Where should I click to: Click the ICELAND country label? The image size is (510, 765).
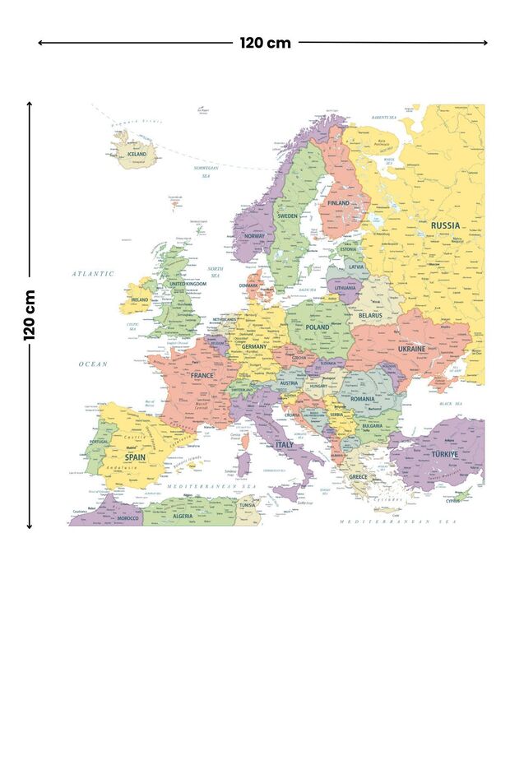tap(137, 154)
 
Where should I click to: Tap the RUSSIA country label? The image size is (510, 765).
tap(445, 225)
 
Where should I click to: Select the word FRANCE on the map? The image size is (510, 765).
tap(202, 375)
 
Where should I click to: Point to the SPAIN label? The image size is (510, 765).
tap(135, 457)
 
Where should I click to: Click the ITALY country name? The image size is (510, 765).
tap(284, 444)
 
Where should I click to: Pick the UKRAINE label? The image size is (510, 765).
tap(412, 349)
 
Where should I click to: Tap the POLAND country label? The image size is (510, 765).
tap(318, 327)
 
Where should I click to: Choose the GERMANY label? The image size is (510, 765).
tap(254, 346)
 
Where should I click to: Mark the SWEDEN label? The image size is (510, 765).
tap(287, 216)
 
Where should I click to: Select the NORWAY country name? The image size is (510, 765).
tap(255, 236)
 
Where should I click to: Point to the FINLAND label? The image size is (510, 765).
tap(338, 202)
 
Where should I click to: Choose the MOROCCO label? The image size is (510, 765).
tap(127, 518)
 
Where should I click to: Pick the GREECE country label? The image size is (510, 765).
tap(358, 476)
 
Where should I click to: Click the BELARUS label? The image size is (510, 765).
tap(370, 315)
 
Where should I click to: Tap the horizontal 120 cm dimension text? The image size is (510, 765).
tap(265, 43)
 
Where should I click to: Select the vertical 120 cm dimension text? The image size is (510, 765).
tap(30, 314)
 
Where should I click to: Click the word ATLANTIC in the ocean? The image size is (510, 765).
tap(92, 273)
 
